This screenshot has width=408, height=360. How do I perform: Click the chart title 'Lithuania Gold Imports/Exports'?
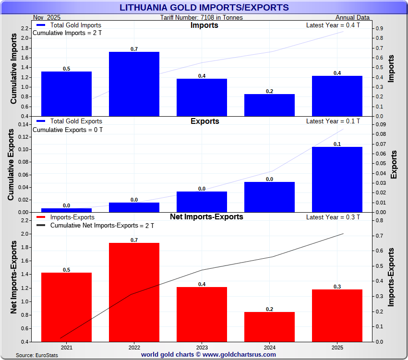[x=204, y=7]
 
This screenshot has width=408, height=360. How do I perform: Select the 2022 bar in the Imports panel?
[x=134, y=84]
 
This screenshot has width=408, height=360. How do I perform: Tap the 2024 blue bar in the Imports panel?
[x=269, y=105]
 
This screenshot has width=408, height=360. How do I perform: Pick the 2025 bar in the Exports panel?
[x=337, y=179]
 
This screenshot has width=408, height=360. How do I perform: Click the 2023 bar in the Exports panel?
[x=202, y=202]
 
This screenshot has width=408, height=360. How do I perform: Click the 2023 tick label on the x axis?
[x=202, y=347]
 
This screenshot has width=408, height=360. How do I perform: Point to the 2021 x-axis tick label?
[x=66, y=347]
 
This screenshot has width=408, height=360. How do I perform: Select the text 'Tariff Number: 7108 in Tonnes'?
[x=202, y=18]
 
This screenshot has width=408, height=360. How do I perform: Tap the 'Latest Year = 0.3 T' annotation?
[x=333, y=217]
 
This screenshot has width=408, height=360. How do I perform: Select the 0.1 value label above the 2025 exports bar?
[x=337, y=144]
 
